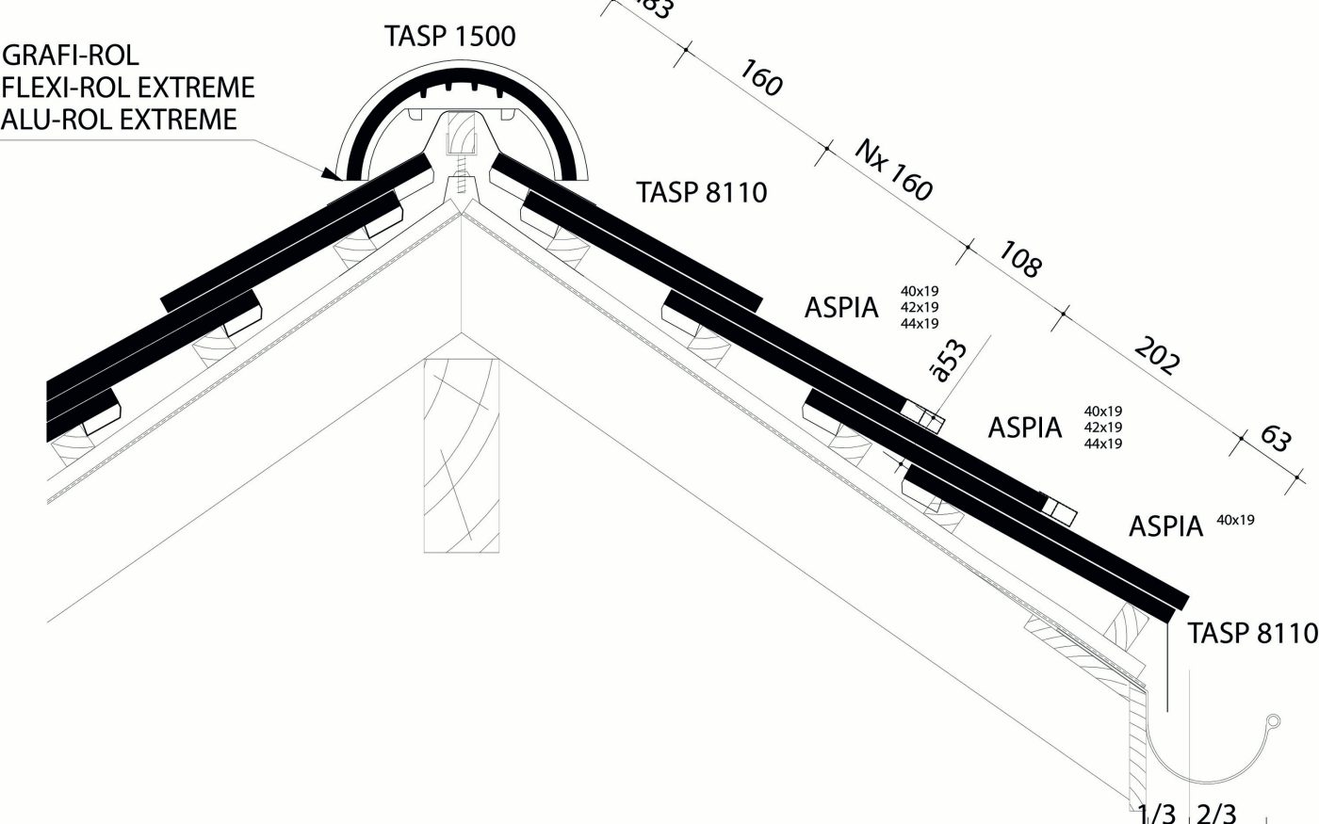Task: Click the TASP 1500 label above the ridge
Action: click(449, 37)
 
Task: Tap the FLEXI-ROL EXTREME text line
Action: click(128, 88)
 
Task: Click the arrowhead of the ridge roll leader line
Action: click(330, 173)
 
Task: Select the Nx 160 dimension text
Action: click(894, 170)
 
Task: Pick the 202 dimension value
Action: click(1156, 355)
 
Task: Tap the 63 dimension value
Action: click(1275, 438)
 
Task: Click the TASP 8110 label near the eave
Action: click(1252, 634)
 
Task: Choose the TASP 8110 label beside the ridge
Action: click(702, 193)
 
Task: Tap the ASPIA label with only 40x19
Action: click(1166, 526)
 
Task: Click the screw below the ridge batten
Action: click(461, 180)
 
